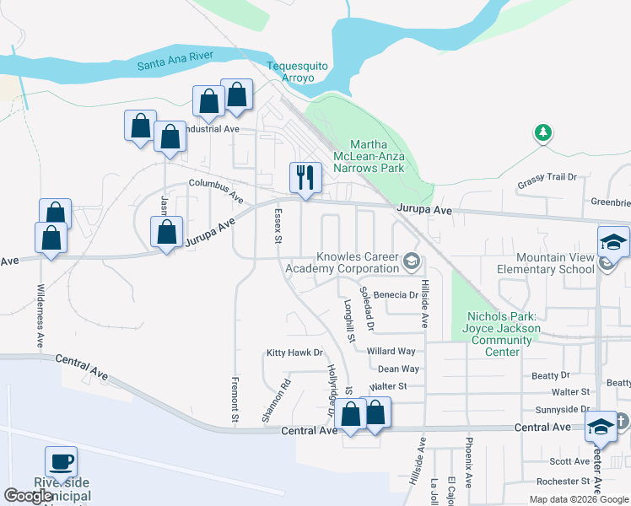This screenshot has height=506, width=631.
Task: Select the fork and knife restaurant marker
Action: tap(305, 178)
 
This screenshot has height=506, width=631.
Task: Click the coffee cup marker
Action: tap(61, 462)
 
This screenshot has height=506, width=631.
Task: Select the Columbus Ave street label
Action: tap(216, 191)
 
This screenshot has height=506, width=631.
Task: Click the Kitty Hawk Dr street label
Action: tap(294, 353)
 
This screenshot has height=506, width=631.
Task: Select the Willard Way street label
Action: tap(391, 351)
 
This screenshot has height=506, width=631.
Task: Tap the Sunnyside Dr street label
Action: tap(561, 409)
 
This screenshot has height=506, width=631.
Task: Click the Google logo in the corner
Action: tap(29, 496)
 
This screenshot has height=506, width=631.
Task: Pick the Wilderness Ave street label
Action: tap(40, 316)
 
